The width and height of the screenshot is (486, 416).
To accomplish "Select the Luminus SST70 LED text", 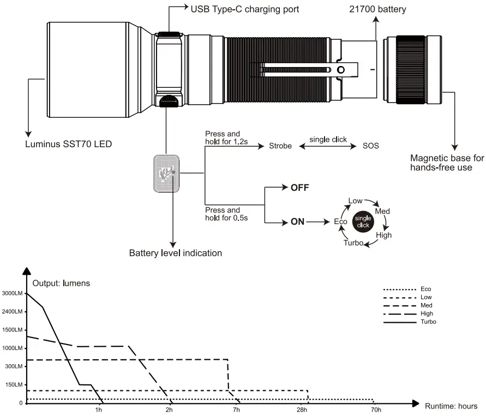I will [x=69, y=145].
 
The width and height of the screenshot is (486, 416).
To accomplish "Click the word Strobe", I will [x=281, y=146].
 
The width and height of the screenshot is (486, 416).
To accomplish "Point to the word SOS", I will [x=371, y=146].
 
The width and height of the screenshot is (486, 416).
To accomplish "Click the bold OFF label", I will [x=299, y=188].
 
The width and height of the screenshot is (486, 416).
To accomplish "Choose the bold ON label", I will [x=297, y=222].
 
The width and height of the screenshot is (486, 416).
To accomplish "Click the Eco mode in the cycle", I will [x=340, y=222].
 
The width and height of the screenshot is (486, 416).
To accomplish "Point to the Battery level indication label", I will [x=175, y=253].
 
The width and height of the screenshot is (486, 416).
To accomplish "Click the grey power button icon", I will [x=166, y=173].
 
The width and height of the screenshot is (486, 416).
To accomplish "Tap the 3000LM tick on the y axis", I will [x=13, y=294].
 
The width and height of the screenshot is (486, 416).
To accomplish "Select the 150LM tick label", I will [x=14, y=385].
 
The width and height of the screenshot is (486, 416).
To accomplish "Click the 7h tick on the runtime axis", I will [x=236, y=409].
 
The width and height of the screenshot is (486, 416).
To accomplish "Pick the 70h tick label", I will [x=375, y=409].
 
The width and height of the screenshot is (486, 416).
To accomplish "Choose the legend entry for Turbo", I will [x=428, y=322].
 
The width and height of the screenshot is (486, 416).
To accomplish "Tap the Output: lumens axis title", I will [x=61, y=283].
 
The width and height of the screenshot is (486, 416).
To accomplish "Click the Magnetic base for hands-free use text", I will [x=447, y=162].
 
